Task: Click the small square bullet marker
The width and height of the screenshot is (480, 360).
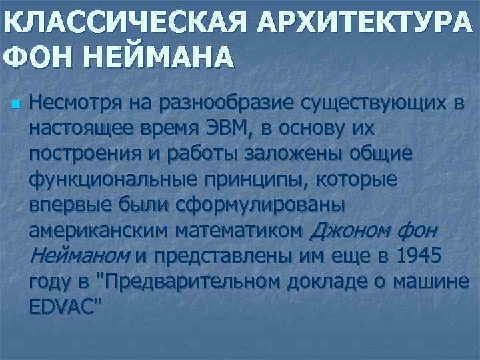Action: [x=16, y=105]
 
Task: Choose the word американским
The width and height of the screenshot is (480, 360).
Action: [x=98, y=230]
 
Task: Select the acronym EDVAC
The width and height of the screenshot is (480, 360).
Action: [x=64, y=305]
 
